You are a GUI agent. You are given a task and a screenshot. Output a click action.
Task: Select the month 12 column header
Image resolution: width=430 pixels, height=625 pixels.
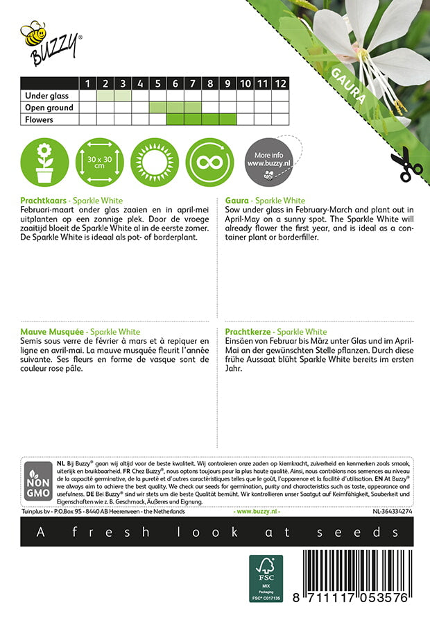pyautogui.click(x=279, y=84)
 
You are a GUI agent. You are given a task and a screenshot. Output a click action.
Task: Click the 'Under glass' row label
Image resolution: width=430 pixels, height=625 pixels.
pyautogui.click(x=44, y=96)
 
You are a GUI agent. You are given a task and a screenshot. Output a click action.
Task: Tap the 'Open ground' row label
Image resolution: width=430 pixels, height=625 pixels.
pyautogui.click(x=49, y=108)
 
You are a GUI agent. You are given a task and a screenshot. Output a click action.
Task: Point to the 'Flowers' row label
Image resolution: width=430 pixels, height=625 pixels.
pyautogui.click(x=39, y=119)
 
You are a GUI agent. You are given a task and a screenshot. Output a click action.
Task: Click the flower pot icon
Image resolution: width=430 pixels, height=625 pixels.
pyautogui.click(x=44, y=161)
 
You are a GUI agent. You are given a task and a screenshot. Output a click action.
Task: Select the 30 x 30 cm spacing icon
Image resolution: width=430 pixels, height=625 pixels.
pyautogui.click(x=99, y=161)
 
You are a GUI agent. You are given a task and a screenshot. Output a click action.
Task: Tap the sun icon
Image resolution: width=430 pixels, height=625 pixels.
pyautogui.click(x=155, y=161)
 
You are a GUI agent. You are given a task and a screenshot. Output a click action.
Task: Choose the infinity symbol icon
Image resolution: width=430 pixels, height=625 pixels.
pyautogui.click(x=210, y=161)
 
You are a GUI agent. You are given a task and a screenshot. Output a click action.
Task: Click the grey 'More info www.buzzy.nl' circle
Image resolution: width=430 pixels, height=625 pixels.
pyautogui.click(x=268, y=161)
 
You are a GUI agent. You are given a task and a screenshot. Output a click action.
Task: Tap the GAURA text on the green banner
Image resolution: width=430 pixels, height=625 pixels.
pyautogui.click(x=347, y=87)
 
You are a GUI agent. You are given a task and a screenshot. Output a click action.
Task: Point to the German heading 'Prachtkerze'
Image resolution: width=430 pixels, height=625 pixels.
pyautogui.click(x=248, y=333)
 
